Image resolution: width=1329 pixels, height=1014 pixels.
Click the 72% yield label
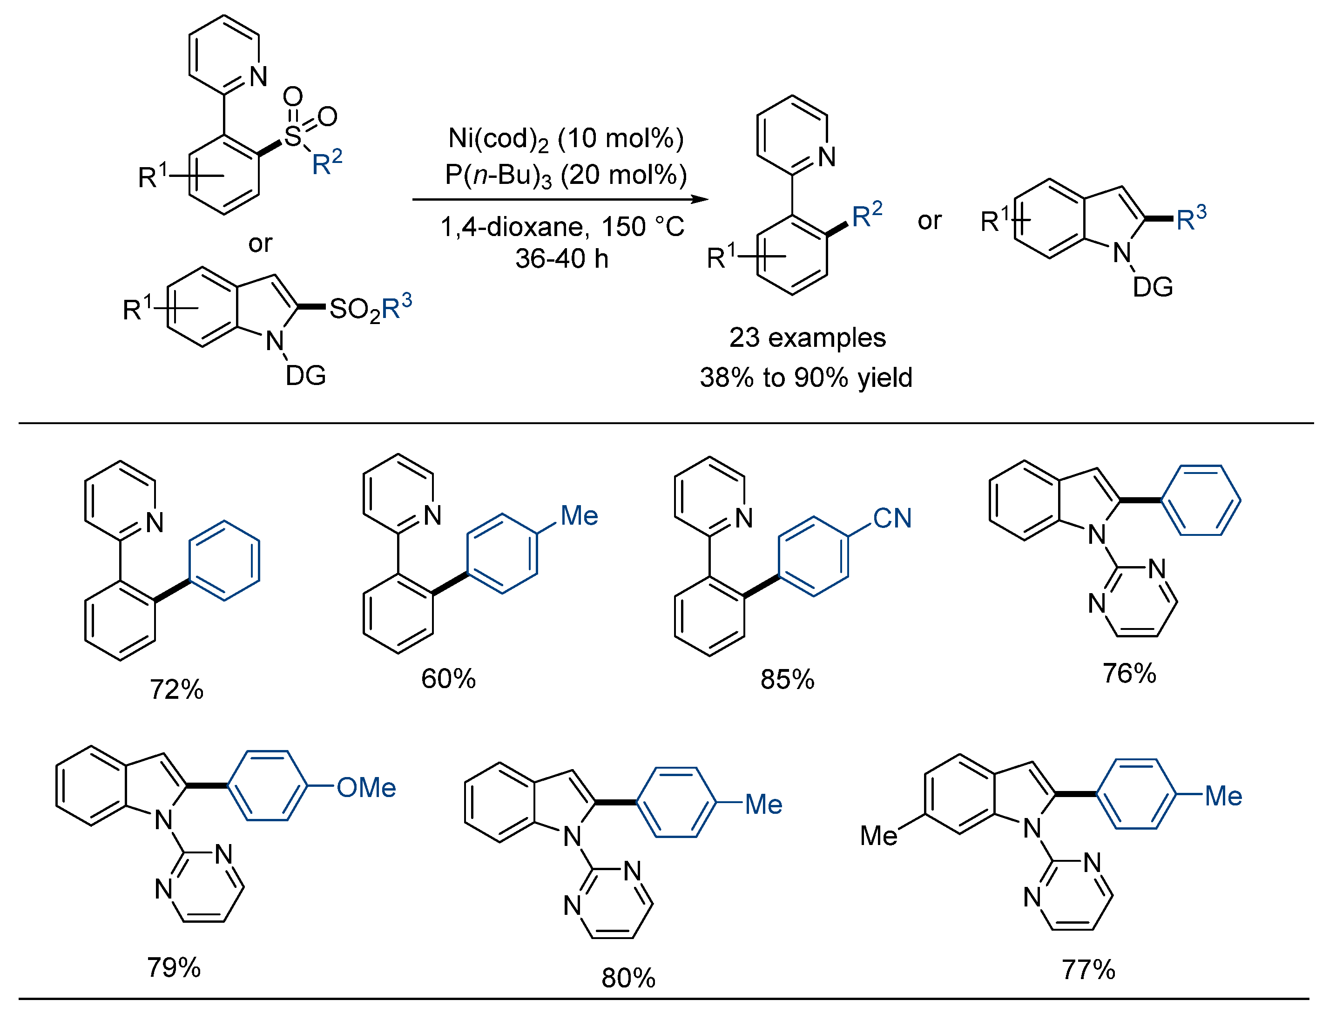(176, 690)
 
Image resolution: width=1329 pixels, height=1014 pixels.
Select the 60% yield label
(448, 678)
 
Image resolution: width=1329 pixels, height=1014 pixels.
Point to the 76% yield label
(1129, 673)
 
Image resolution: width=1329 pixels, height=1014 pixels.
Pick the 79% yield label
(174, 967)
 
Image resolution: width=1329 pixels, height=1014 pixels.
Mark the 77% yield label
(1088, 970)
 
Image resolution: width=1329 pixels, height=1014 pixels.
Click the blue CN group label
(892, 518)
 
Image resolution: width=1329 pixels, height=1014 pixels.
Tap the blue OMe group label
(366, 788)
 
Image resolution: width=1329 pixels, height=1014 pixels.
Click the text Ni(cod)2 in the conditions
(499, 139)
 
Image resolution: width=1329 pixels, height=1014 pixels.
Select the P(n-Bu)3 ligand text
(499, 176)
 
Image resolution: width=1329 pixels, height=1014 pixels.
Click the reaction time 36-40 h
(561, 259)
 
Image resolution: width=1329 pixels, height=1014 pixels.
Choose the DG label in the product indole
(1152, 287)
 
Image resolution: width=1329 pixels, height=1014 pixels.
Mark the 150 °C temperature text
(643, 227)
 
